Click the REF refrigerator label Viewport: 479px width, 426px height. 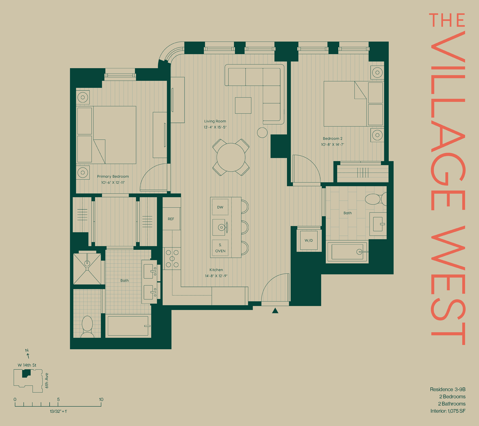pyautogui.click(x=171, y=219)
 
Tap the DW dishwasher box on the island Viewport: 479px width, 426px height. pyautogui.click(x=220, y=207)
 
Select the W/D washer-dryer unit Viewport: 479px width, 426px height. pyautogui.click(x=309, y=240)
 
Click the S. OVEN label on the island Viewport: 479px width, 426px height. pyautogui.click(x=220, y=248)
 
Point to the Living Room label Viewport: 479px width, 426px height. pyautogui.click(x=215, y=121)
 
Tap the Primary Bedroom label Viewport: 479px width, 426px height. pyautogui.click(x=113, y=176)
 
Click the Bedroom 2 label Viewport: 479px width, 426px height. pyautogui.click(x=332, y=138)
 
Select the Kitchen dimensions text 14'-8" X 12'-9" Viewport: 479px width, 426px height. pyautogui.click(x=216, y=276)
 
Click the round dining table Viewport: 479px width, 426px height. pyautogui.click(x=231, y=157)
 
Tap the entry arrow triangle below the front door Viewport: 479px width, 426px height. pyautogui.click(x=275, y=311)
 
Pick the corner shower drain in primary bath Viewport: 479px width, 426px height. pyautogui.click(x=87, y=263)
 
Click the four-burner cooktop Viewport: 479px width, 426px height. pyautogui.click(x=172, y=259)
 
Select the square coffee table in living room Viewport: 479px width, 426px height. pyautogui.click(x=243, y=105)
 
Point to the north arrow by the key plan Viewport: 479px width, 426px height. pyautogui.click(x=28, y=356)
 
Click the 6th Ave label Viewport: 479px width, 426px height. pyautogui.click(x=47, y=380)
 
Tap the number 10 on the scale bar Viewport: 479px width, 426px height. pyautogui.click(x=101, y=399)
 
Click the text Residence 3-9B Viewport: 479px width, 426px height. pyautogui.click(x=448, y=389)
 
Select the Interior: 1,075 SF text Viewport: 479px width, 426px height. pyautogui.click(x=448, y=411)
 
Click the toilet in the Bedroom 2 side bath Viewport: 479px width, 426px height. pyautogui.click(x=376, y=199)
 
